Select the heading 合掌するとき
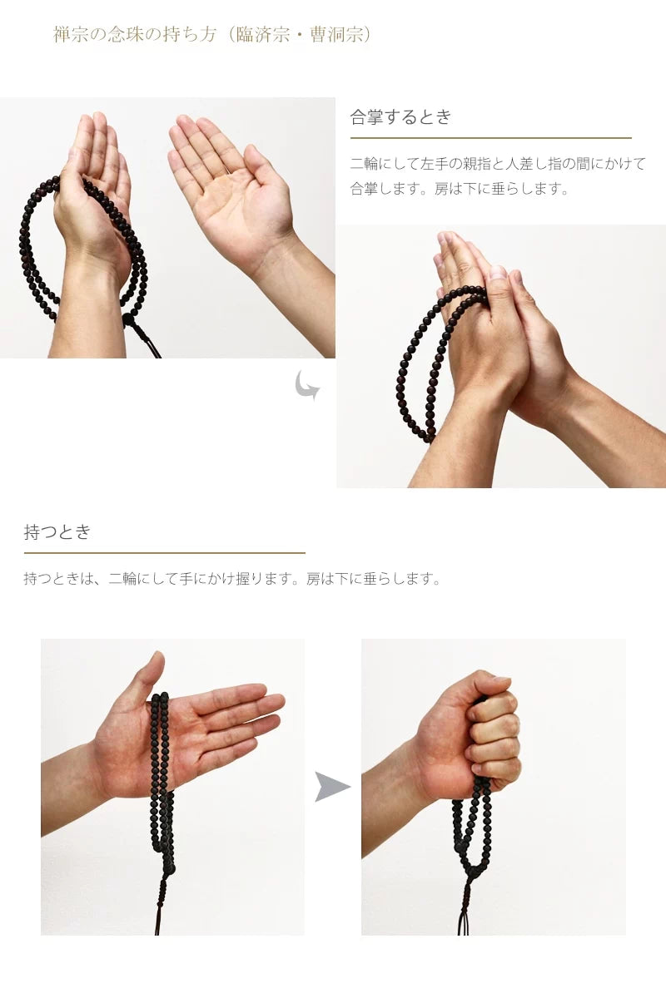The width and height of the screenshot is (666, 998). (x=400, y=117)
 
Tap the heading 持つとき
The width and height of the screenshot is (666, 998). (x=57, y=532)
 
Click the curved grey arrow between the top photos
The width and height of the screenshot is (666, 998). (x=306, y=385)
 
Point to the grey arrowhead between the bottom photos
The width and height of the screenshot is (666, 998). (x=331, y=787)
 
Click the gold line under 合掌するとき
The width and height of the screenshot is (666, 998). (x=490, y=138)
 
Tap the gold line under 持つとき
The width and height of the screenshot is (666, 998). (x=164, y=553)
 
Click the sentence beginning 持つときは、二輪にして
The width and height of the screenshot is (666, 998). (x=232, y=579)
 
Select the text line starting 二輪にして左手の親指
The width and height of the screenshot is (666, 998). (x=497, y=164)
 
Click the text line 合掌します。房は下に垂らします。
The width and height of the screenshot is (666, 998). (x=460, y=189)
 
